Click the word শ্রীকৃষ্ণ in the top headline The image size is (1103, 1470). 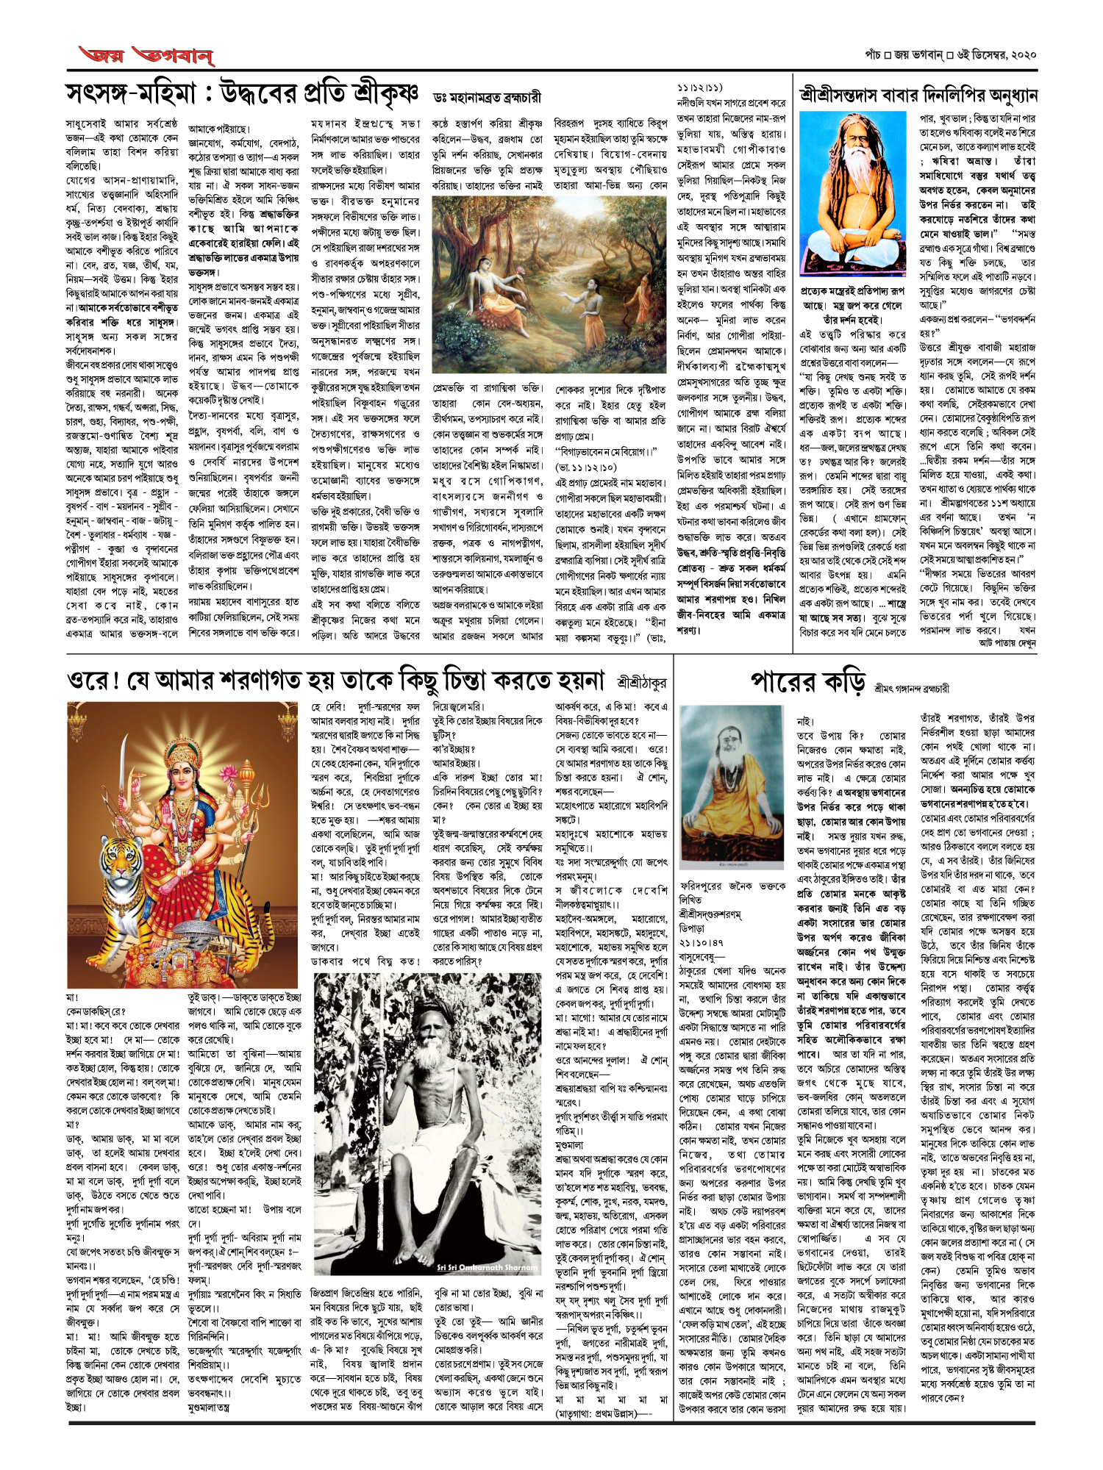[385, 94]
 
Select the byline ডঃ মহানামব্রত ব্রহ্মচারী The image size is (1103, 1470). [488, 97]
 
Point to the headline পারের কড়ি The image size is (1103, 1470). [807, 683]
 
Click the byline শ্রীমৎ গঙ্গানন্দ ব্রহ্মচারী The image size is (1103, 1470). [912, 689]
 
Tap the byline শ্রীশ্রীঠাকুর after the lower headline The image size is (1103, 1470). [641, 683]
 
